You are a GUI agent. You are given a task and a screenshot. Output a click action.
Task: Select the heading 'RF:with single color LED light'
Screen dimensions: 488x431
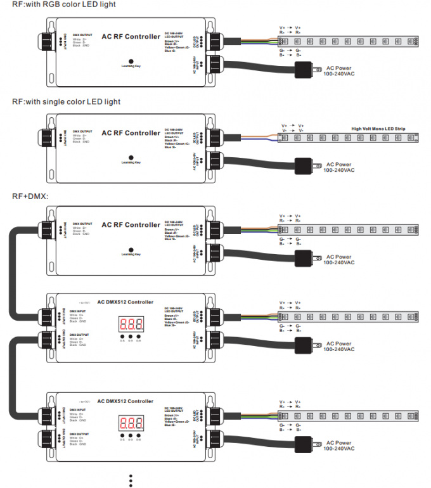[66, 101]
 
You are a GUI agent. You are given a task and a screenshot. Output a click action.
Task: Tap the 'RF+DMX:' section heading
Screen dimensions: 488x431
[30, 196]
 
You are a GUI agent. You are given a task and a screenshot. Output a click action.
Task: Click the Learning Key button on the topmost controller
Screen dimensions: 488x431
[131, 60]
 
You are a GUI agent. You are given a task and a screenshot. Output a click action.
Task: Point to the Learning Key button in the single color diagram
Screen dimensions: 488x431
[131, 157]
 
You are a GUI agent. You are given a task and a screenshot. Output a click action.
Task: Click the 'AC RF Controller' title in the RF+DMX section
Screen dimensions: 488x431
[131, 225]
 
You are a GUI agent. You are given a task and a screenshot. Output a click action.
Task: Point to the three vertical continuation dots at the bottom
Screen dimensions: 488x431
[131, 480]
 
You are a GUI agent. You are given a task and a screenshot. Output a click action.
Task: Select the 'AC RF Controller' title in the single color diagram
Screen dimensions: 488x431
[131, 133]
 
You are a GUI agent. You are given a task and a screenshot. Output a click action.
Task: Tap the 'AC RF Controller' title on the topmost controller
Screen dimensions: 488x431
[131, 37]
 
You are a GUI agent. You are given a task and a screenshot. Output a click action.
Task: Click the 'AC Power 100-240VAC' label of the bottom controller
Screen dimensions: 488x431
[339, 446]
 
